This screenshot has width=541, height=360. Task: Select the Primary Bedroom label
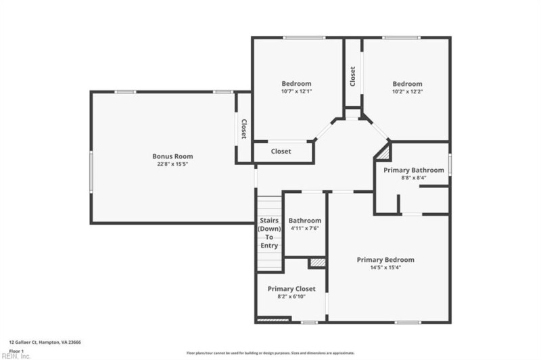(385, 260)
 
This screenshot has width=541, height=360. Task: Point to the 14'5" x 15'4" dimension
(385, 267)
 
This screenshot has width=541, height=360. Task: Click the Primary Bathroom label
(413, 170)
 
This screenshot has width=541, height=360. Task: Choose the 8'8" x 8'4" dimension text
(413, 177)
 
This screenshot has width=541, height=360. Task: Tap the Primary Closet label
(291, 289)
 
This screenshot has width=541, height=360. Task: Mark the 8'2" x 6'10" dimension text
(291, 296)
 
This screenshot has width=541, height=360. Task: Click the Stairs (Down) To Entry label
(269, 233)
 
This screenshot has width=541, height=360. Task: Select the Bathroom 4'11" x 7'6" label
(304, 224)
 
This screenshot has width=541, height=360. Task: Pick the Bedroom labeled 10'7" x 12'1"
(296, 87)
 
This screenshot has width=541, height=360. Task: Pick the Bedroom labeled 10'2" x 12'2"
(407, 87)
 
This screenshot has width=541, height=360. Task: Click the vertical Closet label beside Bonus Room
(243, 129)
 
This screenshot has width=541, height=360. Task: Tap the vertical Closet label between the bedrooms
(353, 75)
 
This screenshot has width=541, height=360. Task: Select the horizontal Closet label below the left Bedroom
(281, 152)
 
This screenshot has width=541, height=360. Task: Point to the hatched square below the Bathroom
(317, 262)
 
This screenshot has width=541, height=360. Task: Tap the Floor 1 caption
(16, 351)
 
